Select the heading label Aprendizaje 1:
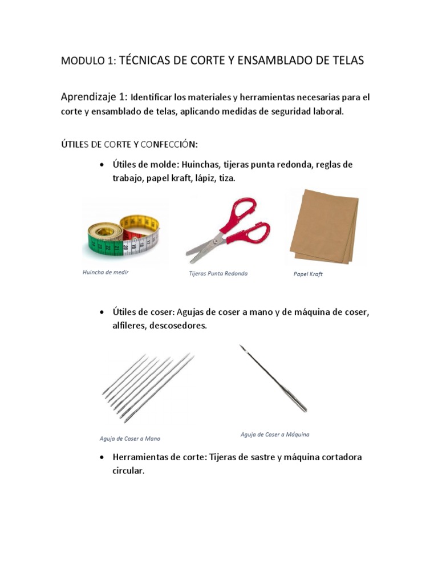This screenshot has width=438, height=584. [95, 96]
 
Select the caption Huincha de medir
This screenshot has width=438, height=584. [106, 273]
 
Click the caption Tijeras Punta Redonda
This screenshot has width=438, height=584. [218, 274]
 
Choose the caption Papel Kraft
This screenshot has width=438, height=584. [308, 274]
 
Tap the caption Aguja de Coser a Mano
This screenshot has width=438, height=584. [129, 439]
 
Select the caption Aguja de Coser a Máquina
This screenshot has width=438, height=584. [275, 435]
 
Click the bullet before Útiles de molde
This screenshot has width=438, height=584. [102, 165]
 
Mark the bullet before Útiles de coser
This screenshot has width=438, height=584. [102, 313]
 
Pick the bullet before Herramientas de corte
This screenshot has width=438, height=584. [102, 458]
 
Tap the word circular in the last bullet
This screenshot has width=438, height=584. [128, 472]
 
